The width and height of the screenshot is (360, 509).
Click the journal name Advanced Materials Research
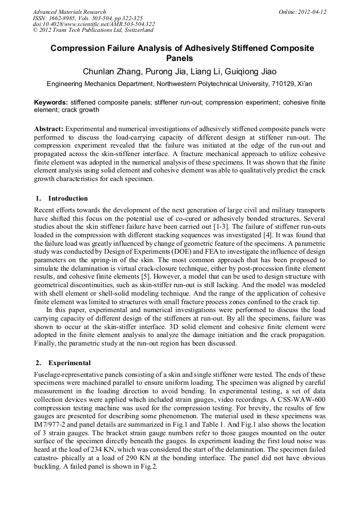point(69,12)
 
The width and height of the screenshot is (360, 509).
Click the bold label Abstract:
point(49,129)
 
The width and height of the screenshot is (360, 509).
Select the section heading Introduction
point(68,199)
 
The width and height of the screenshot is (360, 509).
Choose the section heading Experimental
point(70,364)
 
